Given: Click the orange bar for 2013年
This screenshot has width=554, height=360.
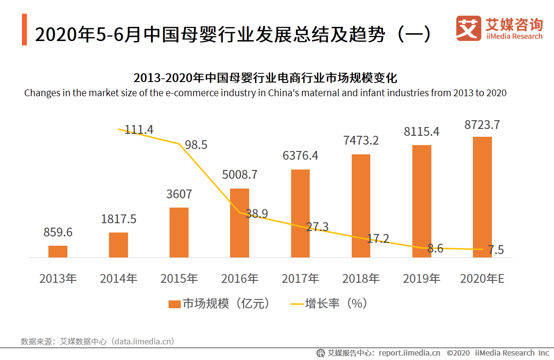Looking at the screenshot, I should point(58,251).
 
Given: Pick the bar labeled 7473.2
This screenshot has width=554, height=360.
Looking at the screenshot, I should point(361,206).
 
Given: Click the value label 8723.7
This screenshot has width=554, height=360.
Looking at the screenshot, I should point(482,125).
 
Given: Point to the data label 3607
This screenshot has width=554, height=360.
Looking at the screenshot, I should point(179,194).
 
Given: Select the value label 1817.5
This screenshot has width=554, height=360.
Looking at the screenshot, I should point(118,219).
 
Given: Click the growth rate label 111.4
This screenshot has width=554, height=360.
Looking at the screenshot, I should point(139,129).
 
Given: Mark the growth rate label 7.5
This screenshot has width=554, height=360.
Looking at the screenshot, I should point(496,250).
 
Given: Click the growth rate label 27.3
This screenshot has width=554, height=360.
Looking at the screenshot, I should point(318,227).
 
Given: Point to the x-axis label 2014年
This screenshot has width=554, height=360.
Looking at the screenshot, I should point(118,279).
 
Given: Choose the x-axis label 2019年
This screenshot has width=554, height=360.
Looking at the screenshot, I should point(421,279).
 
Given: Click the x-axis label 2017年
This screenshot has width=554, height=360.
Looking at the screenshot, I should point(300,279).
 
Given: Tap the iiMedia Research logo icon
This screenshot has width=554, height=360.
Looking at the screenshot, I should point(469,28).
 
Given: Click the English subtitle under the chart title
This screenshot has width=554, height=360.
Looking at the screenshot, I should point(265,93).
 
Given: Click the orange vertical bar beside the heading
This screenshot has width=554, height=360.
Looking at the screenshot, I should point(24,30).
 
